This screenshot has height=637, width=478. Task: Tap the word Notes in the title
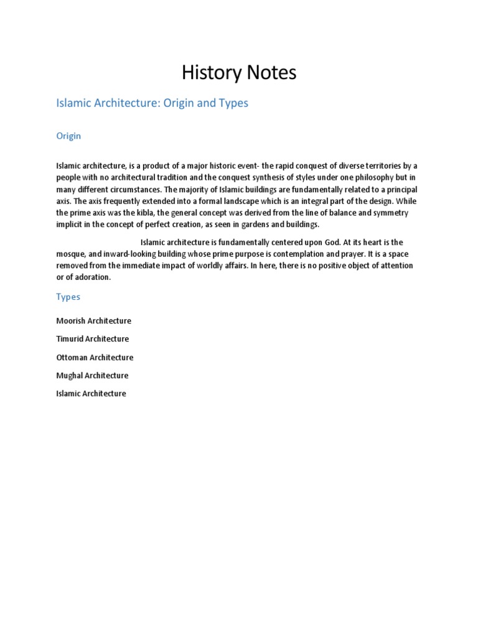pos(269,73)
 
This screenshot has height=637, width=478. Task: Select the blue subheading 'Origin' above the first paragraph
pos(68,136)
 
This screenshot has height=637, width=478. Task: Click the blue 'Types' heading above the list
pos(68,297)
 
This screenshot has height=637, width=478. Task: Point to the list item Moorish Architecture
pos(93,321)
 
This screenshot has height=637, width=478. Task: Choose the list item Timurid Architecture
pos(92,339)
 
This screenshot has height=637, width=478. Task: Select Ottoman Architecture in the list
pos(95,357)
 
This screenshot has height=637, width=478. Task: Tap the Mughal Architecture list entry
pos(92,375)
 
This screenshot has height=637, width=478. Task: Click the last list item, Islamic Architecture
pos(91,393)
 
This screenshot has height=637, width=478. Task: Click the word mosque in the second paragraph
pos(69,254)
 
